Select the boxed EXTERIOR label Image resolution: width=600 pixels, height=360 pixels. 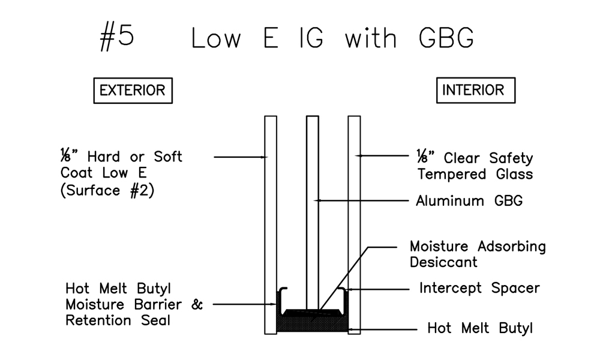point(133,91)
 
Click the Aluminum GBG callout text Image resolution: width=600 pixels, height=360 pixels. point(469,201)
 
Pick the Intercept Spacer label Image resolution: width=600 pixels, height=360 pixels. point(479,288)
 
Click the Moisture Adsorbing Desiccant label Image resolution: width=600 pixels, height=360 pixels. point(477,254)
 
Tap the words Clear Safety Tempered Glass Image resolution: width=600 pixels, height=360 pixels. point(480,166)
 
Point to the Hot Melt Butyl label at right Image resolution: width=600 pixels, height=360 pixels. point(479,328)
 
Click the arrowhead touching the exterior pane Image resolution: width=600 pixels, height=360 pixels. point(263,157)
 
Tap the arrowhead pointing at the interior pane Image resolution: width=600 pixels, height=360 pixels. point(359,155)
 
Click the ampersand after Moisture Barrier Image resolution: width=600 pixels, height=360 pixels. point(197,304)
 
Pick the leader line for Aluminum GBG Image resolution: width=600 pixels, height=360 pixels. point(360,200)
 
